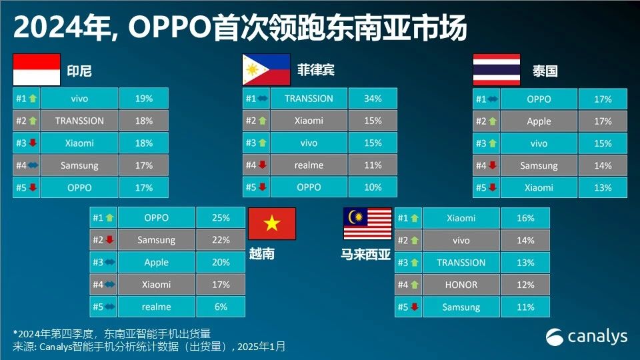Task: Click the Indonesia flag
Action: tap(37, 70)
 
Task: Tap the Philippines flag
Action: tap(266, 70)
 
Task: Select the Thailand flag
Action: tap(497, 70)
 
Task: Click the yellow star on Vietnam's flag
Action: tap(271, 223)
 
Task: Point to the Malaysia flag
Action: tap(367, 223)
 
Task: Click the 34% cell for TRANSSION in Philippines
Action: tap(373, 99)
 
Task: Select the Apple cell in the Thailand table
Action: tap(539, 121)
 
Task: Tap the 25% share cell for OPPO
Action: tap(221, 218)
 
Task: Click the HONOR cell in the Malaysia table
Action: tap(461, 285)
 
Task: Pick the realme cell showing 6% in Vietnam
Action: tap(156, 307)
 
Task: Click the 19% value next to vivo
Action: tap(144, 99)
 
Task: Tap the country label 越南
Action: tap(261, 254)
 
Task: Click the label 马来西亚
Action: tap(366, 254)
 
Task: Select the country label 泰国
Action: tap(545, 71)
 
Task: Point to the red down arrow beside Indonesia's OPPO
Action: tap(33, 188)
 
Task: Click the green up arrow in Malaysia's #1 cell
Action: tap(415, 218)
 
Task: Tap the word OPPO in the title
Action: tap(167, 28)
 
